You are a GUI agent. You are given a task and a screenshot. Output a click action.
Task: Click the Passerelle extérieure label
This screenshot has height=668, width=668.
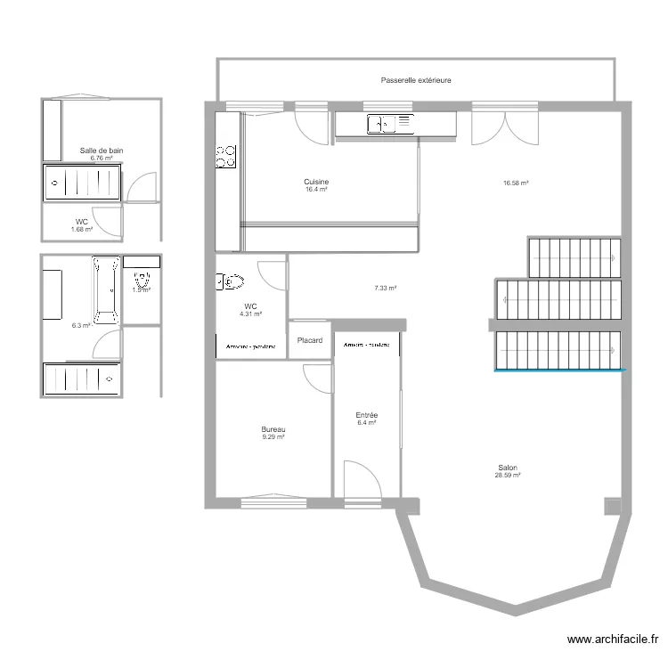pyautogui.click(x=415, y=80)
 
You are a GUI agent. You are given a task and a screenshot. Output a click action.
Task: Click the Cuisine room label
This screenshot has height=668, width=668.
pyautogui.click(x=316, y=182)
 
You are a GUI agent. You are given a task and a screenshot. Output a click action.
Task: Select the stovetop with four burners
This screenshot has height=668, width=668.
pyautogui.click(x=226, y=157)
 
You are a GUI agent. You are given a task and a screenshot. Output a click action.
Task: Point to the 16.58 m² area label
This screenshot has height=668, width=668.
pyautogui.click(x=516, y=183)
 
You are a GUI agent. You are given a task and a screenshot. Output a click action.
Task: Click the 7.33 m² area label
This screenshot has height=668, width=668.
pyautogui.click(x=385, y=288)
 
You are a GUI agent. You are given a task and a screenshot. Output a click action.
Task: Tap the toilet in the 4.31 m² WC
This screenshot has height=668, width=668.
pyautogui.click(x=231, y=282)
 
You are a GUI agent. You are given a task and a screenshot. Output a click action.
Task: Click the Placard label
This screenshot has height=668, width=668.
pyautogui.click(x=310, y=340)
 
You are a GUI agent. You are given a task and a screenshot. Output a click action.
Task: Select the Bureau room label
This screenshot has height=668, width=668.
pyautogui.click(x=273, y=429)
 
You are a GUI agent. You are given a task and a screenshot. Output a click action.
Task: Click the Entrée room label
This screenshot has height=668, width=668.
pyautogui.click(x=367, y=415)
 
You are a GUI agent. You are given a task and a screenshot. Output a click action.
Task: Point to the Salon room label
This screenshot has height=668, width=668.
pyautogui.click(x=509, y=468)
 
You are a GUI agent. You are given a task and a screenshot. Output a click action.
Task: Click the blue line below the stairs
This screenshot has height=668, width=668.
pyautogui.click(x=560, y=370)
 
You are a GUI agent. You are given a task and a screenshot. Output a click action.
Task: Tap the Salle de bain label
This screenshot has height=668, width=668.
pyautogui.click(x=102, y=151)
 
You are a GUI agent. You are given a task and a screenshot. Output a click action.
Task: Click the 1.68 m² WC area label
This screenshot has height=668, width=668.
pyautogui.click(x=81, y=230)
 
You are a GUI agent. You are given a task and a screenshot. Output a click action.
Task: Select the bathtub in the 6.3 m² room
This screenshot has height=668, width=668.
pyautogui.click(x=107, y=288)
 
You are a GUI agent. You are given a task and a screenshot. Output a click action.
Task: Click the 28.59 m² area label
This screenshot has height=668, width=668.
pyautogui.click(x=508, y=477)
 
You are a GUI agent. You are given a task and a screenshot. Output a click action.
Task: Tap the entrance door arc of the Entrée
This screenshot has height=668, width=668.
pyautogui.click(x=361, y=477)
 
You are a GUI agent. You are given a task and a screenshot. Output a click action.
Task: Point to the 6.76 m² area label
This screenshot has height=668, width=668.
pyautogui.click(x=102, y=159)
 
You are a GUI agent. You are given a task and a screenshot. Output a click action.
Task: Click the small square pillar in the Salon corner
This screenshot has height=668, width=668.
pyautogui.click(x=611, y=506)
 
